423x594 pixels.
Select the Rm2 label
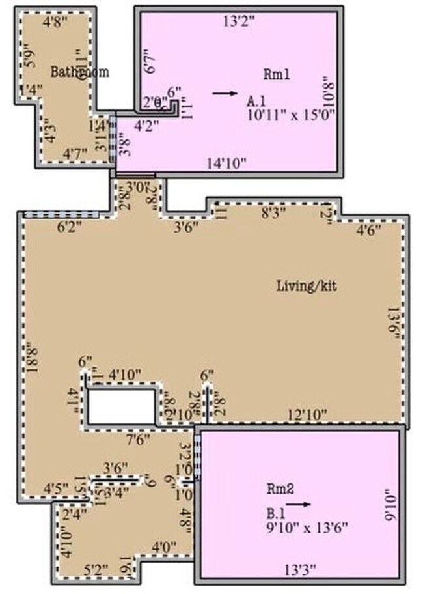tap(279, 488)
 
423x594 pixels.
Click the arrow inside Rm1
tap(225, 93)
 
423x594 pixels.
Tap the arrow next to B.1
tap(298, 503)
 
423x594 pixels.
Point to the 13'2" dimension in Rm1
tap(239, 21)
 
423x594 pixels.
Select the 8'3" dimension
tap(273, 212)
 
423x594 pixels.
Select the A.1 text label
tap(255, 101)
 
